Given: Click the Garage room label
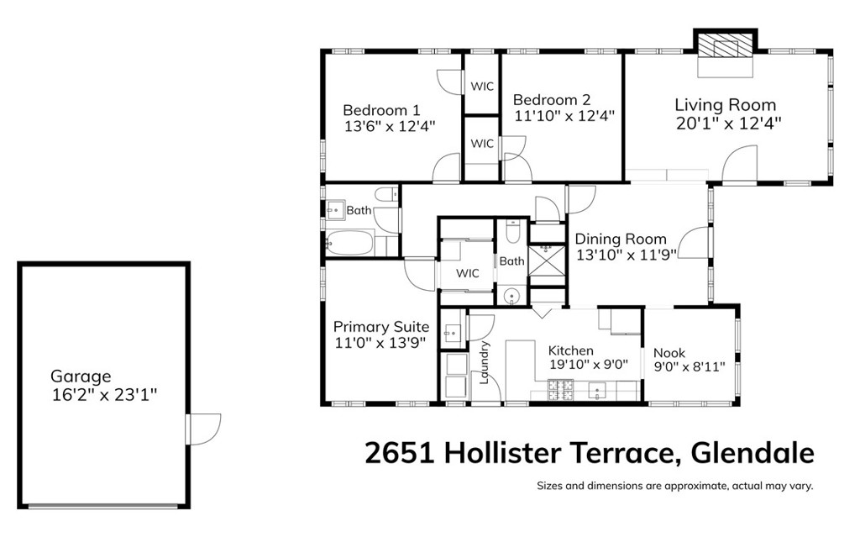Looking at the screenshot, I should click(81, 376).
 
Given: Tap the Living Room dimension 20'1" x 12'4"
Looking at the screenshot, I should click(728, 123).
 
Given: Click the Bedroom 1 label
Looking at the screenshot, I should click(381, 110).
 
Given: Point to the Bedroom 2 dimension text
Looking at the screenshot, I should click(564, 116).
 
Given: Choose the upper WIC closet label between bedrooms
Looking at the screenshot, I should click(482, 86).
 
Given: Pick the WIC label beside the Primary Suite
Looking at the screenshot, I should click(468, 274).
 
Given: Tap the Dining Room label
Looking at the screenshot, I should click(621, 239).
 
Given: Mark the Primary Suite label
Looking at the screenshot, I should click(381, 327).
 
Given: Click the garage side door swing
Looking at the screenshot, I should click(204, 428).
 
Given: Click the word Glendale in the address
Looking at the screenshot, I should click(752, 454).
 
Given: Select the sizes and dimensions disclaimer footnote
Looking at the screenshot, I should click(675, 486).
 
